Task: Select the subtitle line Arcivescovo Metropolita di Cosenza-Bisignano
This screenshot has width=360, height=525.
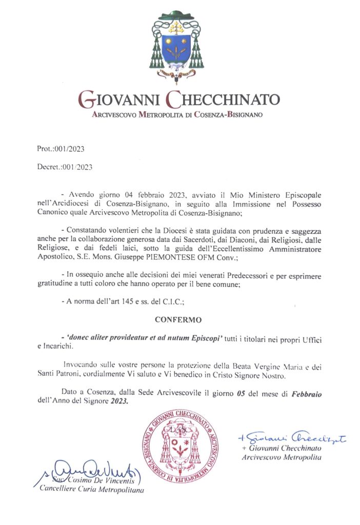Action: tap(177, 115)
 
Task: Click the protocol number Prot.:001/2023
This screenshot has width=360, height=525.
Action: tap(61, 150)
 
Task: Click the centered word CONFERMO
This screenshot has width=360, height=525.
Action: tap(179, 319)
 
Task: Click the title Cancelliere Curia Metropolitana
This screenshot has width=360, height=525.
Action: tap(92, 490)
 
